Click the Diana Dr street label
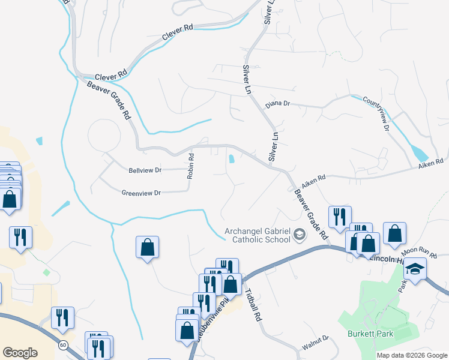click(x=278, y=103)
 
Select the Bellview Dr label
click(x=145, y=170)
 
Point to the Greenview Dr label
click(x=141, y=193)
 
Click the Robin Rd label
click(x=191, y=167)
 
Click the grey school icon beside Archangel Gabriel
click(x=299, y=236)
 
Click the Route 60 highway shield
click(x=62, y=345)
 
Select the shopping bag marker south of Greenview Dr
click(x=147, y=247)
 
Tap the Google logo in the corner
click(x=20, y=353)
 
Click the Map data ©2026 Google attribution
click(x=412, y=355)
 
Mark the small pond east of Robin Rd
click(x=232, y=159)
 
